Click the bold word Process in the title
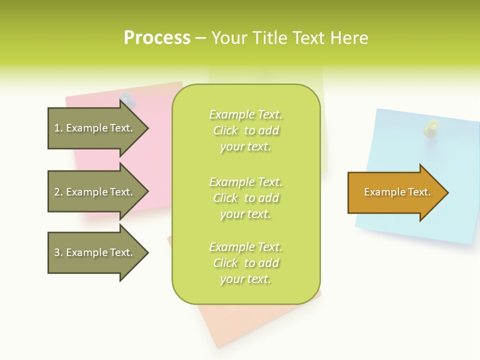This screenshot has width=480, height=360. [x=157, y=38]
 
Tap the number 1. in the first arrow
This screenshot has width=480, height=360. [x=58, y=128]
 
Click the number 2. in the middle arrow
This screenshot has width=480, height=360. [x=58, y=192]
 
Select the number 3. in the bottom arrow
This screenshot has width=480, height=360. [x=58, y=252]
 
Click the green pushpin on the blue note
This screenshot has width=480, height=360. [x=431, y=127]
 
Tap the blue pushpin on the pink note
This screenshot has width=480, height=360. [x=128, y=100]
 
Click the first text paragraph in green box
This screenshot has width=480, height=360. [x=245, y=130]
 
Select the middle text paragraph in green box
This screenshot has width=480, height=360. [x=245, y=198]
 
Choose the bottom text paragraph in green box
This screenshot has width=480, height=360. [x=245, y=263]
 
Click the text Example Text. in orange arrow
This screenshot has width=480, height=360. [x=397, y=192]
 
